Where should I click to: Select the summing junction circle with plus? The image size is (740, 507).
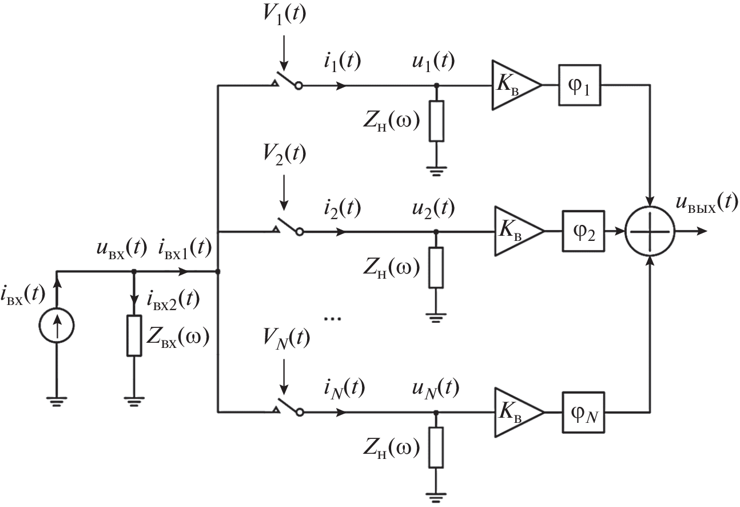coord(650,232)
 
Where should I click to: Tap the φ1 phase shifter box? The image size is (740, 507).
coord(579,85)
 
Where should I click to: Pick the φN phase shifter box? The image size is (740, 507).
coord(584,412)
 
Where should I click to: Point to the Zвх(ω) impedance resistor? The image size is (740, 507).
coord(133,335)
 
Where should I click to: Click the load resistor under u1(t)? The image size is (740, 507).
coord(436,121)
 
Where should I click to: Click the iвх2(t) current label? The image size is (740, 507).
coord(175,298)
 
